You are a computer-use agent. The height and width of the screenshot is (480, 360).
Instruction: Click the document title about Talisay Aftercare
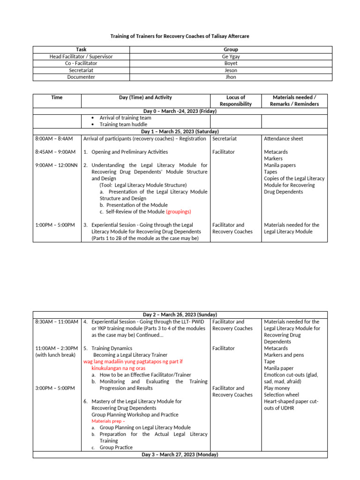click(x=180, y=36)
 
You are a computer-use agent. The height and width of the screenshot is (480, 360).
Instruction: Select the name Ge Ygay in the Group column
click(x=231, y=56)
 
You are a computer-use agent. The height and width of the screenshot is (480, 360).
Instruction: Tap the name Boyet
click(x=231, y=63)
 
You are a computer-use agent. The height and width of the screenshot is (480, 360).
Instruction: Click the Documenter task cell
click(x=81, y=77)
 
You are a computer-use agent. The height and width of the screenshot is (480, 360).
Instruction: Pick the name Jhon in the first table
click(x=231, y=77)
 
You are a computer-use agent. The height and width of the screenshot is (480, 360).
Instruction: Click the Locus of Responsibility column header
click(x=236, y=101)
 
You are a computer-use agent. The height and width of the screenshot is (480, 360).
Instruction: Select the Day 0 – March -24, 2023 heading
click(x=180, y=111)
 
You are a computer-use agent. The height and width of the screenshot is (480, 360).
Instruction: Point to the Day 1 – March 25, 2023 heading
click(x=180, y=132)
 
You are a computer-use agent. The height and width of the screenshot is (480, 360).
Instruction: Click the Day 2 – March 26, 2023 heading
click(x=180, y=315)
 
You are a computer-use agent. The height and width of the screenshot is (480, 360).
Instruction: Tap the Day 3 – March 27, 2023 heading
click(x=180, y=455)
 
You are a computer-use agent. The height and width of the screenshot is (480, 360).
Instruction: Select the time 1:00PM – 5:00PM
click(x=55, y=225)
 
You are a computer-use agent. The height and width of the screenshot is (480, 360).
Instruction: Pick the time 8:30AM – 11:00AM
click(x=56, y=322)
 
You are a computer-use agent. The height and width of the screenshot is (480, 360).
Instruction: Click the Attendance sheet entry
click(x=283, y=139)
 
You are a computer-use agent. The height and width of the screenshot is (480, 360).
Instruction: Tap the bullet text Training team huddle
click(x=125, y=125)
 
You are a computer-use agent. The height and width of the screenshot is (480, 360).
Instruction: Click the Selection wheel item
click(x=281, y=395)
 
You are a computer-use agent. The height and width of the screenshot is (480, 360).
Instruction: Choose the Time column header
click(x=57, y=97)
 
